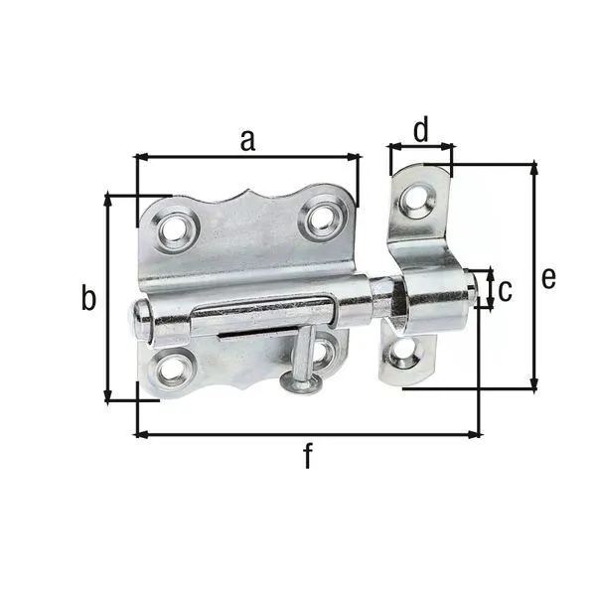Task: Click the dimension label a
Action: (x=247, y=140)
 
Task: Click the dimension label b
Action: (x=88, y=297)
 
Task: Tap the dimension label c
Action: (x=505, y=290)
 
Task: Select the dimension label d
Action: (x=421, y=129)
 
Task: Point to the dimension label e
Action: (x=548, y=278)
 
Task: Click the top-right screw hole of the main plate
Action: (x=323, y=219)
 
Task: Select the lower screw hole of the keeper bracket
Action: (x=402, y=354)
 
